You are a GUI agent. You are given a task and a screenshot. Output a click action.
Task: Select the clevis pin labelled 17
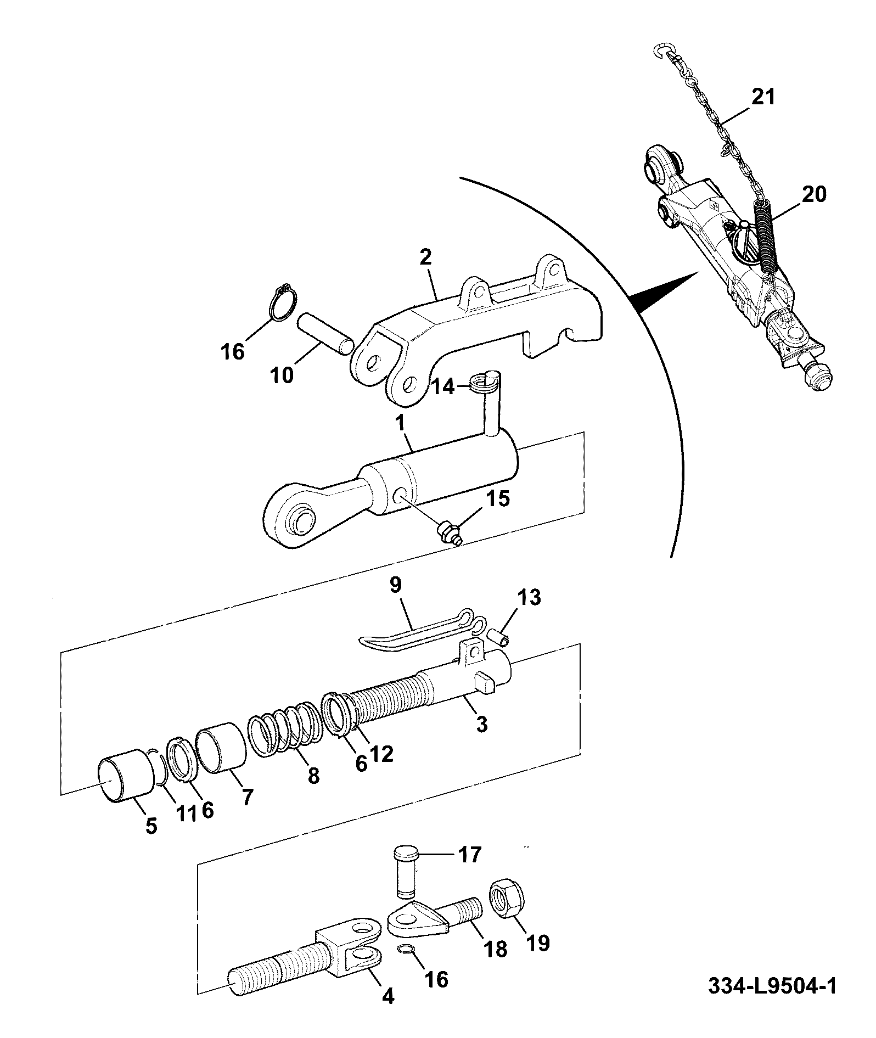(406, 878)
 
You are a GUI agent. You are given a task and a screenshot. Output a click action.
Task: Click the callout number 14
(443, 388)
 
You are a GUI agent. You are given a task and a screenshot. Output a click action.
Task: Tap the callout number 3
(481, 723)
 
